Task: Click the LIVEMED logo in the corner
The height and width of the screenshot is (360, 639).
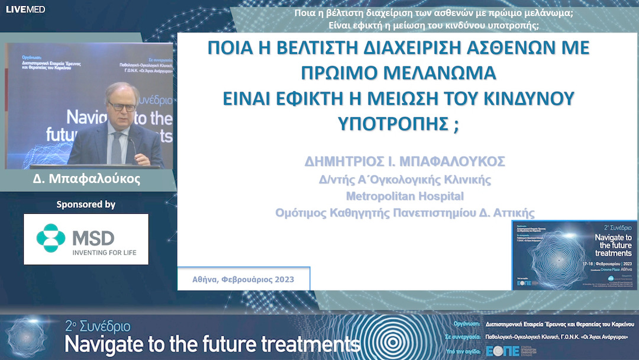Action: (25, 9)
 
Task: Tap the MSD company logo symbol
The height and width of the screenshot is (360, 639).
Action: (51, 238)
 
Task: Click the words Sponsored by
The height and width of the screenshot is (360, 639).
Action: (86, 205)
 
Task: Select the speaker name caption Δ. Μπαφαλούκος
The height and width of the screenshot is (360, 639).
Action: (86, 179)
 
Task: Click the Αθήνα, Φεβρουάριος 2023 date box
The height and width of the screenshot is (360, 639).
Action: (243, 279)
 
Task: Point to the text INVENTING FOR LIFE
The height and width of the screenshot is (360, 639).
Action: (104, 253)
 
